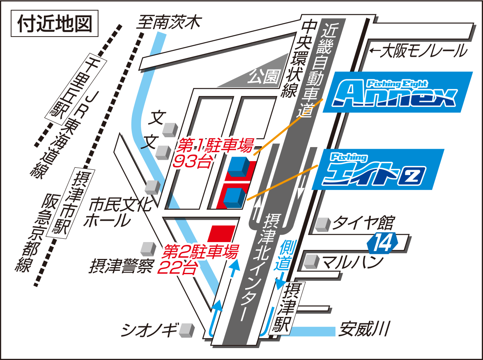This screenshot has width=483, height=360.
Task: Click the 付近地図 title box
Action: pyautogui.click(x=55, y=25)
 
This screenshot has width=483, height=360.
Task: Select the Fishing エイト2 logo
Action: pyautogui.click(x=378, y=169)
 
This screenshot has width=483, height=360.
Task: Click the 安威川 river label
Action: pyautogui.click(x=363, y=330)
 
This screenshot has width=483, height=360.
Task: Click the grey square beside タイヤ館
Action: pyautogui.click(x=323, y=224)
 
